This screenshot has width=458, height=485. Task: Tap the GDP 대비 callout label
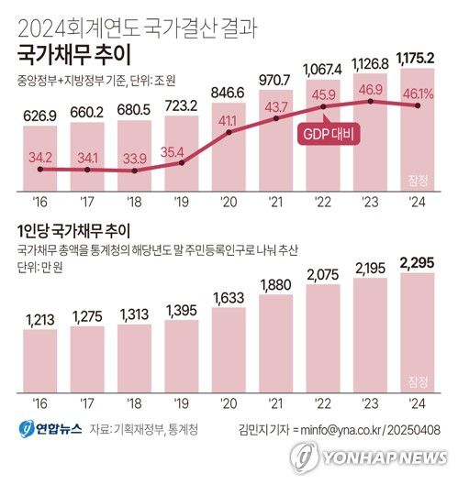(327, 135)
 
